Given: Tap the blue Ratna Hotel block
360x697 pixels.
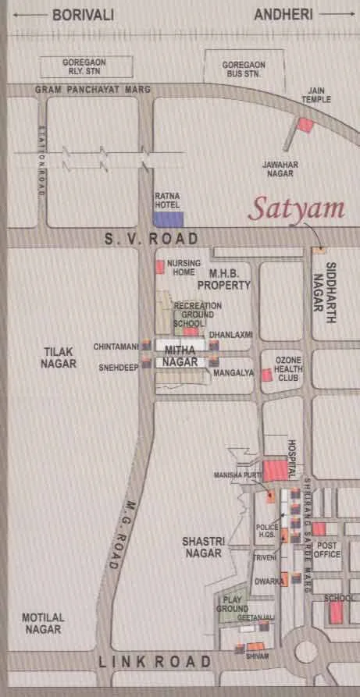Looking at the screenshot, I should [x=168, y=220].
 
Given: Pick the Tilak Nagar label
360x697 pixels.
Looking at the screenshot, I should [x=60, y=358].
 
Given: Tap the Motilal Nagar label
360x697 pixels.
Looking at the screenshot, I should [x=43, y=622].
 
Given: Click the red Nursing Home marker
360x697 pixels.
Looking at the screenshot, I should [x=160, y=267].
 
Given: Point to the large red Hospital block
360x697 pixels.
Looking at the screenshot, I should [x=274, y=471].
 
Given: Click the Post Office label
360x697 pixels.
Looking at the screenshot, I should [x=328, y=550].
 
